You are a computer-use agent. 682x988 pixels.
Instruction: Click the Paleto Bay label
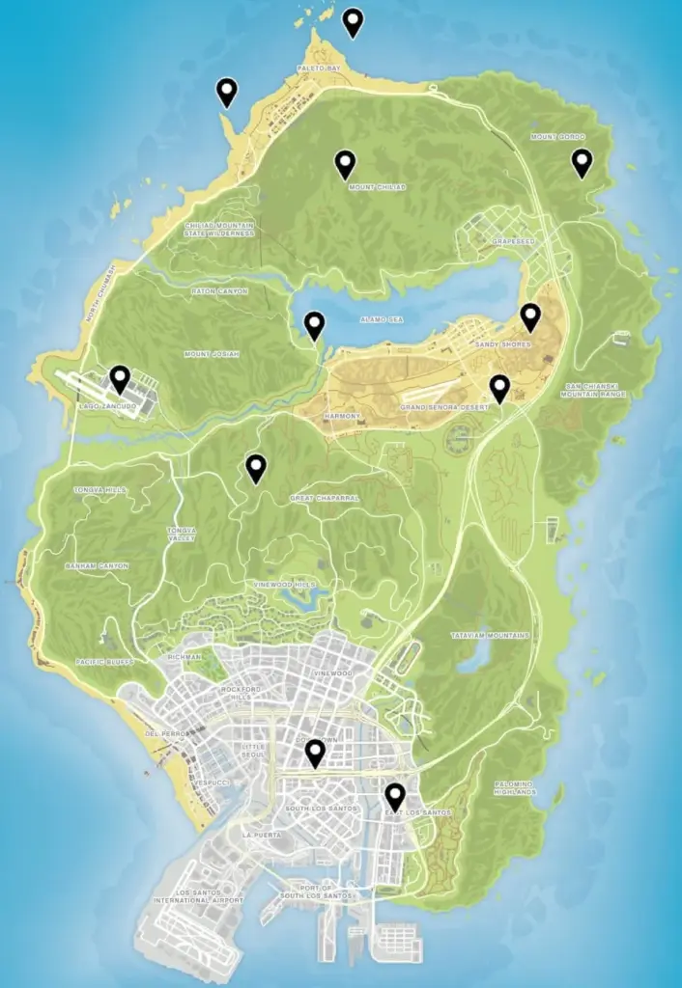point(319,69)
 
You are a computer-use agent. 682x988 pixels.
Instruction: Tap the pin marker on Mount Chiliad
point(345,164)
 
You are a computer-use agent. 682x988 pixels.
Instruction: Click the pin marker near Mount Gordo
point(581,162)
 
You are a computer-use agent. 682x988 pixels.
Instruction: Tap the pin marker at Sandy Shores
point(529,316)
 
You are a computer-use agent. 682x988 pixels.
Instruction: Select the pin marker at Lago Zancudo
point(120,378)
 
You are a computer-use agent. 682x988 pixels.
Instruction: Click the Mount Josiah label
point(211,354)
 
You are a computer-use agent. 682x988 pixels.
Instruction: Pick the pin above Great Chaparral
point(256,468)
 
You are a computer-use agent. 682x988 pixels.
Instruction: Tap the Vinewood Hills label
point(284,585)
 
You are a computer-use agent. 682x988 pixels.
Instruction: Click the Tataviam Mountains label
point(491,636)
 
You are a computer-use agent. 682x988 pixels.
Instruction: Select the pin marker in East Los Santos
point(394,796)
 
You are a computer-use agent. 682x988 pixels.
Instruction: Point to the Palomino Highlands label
point(514,787)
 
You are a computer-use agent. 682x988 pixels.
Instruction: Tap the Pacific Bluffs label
point(104,662)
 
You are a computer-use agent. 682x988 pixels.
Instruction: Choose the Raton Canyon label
point(219,291)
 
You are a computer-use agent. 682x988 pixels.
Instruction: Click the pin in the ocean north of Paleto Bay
point(354,21)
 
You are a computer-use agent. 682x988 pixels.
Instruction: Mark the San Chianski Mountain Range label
point(595,390)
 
